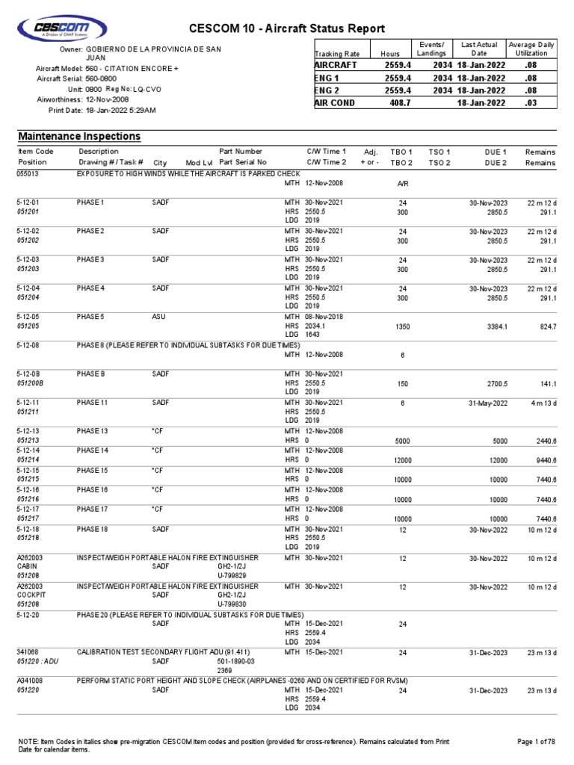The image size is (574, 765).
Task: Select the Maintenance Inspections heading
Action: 79,137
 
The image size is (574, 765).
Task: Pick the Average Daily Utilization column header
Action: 532,49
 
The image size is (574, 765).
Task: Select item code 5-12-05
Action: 30,316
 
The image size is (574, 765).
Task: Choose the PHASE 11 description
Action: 93,403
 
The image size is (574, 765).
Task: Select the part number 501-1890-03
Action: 236,661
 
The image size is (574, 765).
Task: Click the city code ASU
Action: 158,316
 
